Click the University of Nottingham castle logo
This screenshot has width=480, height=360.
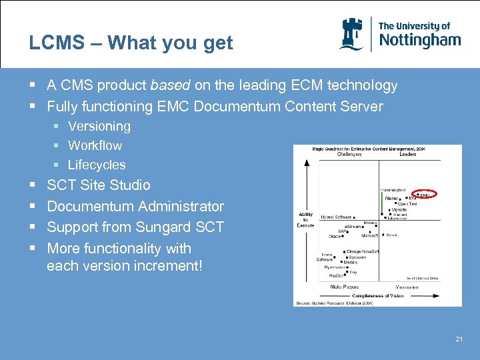(352, 34)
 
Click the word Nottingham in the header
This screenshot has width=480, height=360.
(419, 40)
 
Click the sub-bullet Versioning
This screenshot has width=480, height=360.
(99, 126)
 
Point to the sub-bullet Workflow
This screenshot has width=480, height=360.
(95, 145)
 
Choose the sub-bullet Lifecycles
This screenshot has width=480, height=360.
(97, 165)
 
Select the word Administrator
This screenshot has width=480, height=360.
(183, 207)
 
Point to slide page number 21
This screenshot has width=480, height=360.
(459, 339)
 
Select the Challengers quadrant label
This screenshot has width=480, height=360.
(349, 154)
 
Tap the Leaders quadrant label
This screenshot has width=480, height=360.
(407, 154)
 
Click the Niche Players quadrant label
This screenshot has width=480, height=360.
(345, 287)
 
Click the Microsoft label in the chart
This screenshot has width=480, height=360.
(369, 235)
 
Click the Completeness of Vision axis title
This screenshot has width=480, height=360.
(377, 295)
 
